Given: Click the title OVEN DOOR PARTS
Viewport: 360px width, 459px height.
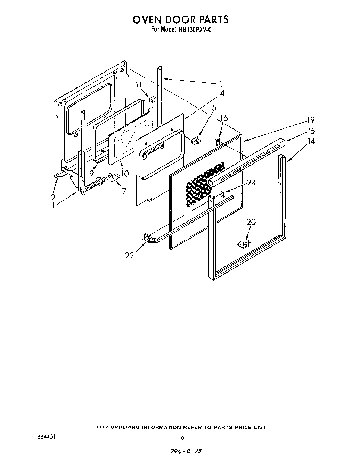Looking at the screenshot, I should pyautogui.click(x=180, y=19).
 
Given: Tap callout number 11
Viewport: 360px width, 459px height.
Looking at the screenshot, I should pyautogui.click(x=139, y=84).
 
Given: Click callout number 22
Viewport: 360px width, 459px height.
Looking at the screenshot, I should pyautogui.click(x=130, y=256).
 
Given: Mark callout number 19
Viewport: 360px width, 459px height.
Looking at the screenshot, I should pyautogui.click(x=310, y=120).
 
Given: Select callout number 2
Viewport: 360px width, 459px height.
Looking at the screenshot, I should pyautogui.click(x=53, y=197).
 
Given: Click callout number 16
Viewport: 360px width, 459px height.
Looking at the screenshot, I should pyautogui.click(x=224, y=118).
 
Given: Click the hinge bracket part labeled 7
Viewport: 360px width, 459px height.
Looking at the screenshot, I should pyautogui.click(x=113, y=177).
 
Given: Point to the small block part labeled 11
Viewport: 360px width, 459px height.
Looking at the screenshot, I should pyautogui.click(x=152, y=100).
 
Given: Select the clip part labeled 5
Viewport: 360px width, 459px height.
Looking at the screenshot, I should pyautogui.click(x=196, y=140).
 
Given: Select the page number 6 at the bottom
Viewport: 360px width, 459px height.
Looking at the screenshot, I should pyautogui.click(x=182, y=437).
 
